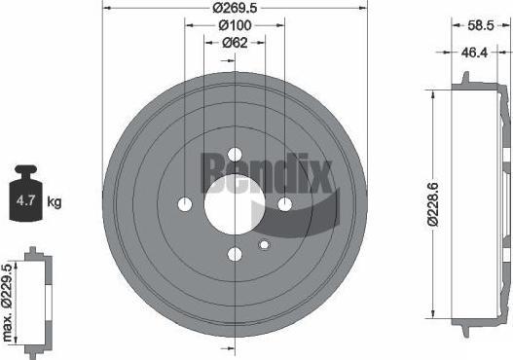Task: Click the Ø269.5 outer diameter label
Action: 235,8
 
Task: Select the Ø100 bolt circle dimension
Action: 235,25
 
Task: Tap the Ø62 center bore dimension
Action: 235,43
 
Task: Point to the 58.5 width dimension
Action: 480,25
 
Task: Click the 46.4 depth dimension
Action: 474,53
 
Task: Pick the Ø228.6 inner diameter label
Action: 433,204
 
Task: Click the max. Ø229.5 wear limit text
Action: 7,304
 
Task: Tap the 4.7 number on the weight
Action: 25,200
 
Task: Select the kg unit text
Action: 55,201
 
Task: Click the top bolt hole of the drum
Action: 235,155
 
